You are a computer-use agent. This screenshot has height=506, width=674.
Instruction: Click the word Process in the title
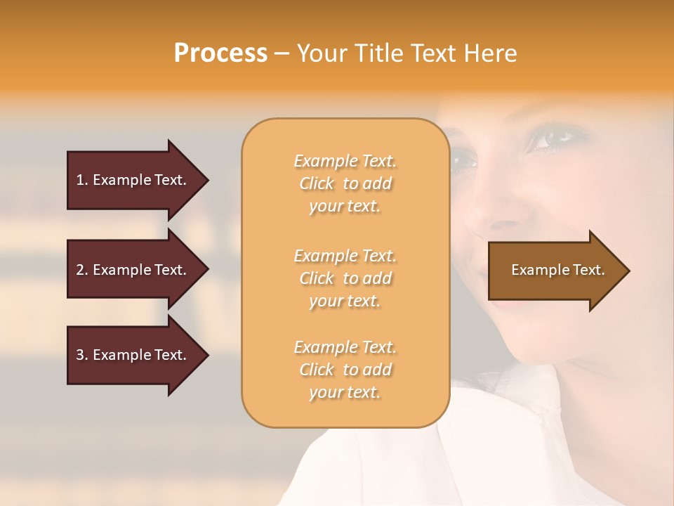coord(220,53)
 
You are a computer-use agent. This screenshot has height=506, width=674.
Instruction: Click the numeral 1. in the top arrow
coord(81,180)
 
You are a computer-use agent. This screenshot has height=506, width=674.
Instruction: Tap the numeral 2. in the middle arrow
coord(81,270)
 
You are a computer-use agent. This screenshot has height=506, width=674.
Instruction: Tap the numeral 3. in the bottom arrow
coord(81,355)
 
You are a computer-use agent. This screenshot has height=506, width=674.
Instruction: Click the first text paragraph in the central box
coord(345,183)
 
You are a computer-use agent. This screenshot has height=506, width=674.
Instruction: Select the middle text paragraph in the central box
coord(345,278)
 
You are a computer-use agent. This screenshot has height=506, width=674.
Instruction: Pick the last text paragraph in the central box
coord(345,370)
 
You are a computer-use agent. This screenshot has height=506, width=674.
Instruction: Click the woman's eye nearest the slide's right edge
coord(551,138)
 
